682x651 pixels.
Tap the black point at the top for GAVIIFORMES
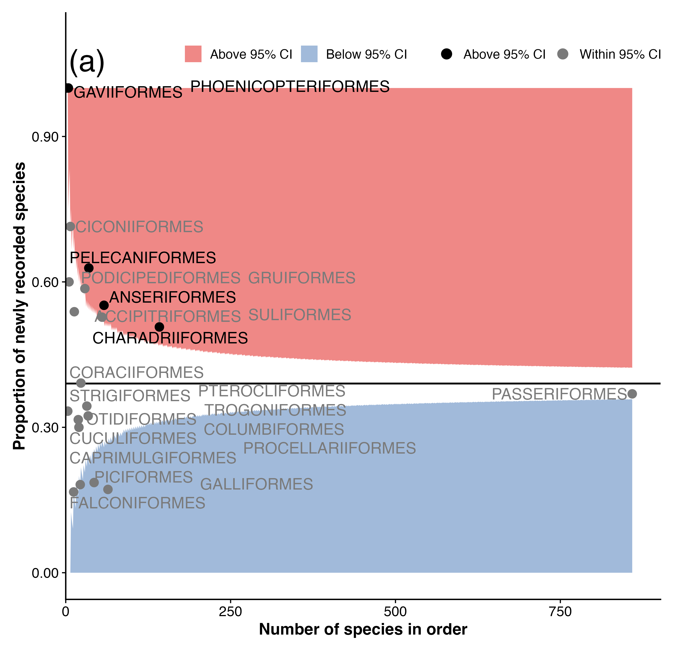(x=69, y=88)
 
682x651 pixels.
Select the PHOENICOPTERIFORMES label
(x=290, y=86)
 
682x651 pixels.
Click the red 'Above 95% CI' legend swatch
(x=193, y=54)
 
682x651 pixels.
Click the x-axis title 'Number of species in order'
(x=363, y=629)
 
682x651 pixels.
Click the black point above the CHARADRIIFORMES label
(x=159, y=327)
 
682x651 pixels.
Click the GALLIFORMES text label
(x=256, y=484)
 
